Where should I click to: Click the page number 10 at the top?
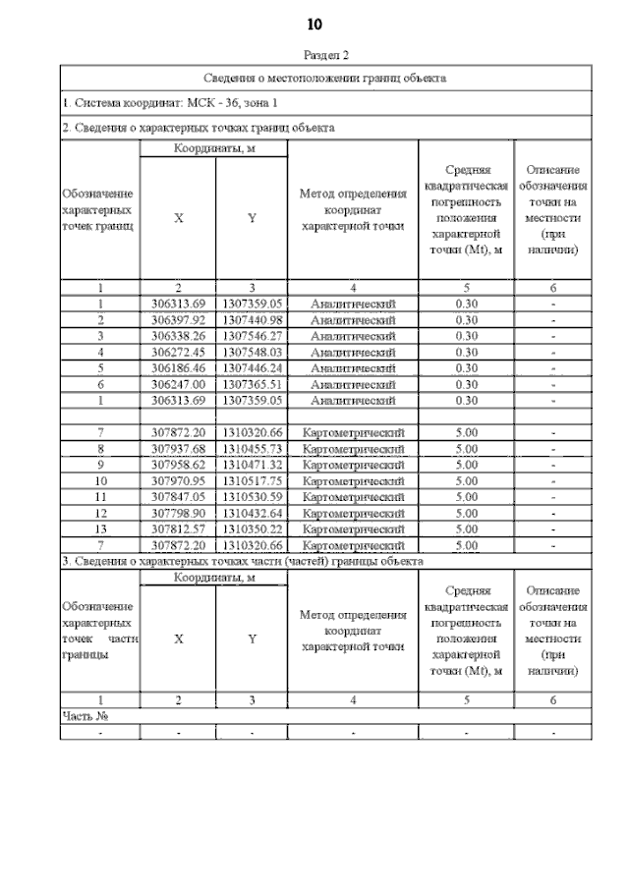pos(314,24)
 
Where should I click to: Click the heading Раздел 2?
pos(324,56)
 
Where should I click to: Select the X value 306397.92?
pos(178,320)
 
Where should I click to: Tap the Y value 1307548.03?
pos(253,352)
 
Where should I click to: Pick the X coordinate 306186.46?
pos(178,368)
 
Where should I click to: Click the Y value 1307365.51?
pos(253,384)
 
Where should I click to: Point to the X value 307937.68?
pos(178,449)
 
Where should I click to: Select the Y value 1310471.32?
pos(253,465)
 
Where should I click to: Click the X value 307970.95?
pos(178,481)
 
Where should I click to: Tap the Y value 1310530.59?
pos(253,497)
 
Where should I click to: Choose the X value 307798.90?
pos(178,514)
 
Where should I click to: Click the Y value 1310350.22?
pos(253,529)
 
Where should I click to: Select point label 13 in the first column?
pos(100,529)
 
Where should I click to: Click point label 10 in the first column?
pos(100,481)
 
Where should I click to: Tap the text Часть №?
pos(85,716)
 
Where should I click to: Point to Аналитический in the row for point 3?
pos(353,336)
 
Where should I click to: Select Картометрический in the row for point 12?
pos(353,514)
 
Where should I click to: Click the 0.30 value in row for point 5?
pos(467,368)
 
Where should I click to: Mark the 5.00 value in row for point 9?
pos(467,465)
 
